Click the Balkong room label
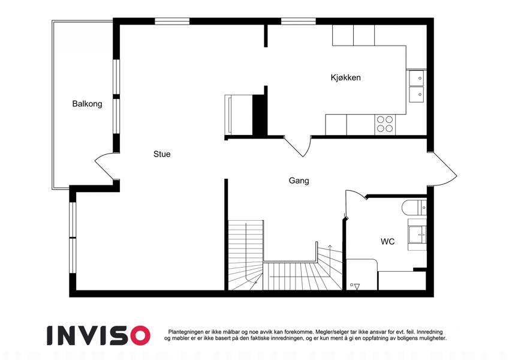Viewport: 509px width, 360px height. point(87,104)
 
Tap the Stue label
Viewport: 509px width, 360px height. point(162,154)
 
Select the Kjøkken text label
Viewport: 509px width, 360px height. point(345,77)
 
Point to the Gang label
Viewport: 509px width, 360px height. point(299,181)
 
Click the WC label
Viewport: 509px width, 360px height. point(387,241)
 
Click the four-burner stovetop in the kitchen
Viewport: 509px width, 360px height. point(385,124)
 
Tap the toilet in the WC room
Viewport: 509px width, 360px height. point(414,208)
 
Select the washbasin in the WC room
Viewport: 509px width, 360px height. point(417,235)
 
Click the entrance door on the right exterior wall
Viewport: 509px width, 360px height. point(444,169)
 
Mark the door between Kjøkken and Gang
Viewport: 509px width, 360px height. point(297,147)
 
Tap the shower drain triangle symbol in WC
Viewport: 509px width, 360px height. point(357,286)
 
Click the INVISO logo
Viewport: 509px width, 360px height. point(99,335)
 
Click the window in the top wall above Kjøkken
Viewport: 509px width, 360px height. point(299,21)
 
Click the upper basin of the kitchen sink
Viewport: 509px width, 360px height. point(416,78)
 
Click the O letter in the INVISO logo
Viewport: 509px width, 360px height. point(140,335)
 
